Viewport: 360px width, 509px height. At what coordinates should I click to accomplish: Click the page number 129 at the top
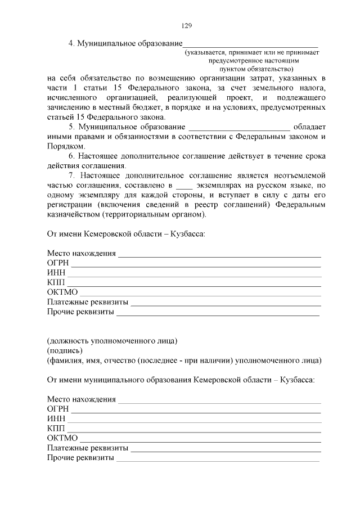(187, 25)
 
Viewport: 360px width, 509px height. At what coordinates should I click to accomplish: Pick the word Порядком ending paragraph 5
(65, 146)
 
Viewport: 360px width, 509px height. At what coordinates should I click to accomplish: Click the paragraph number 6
(71, 156)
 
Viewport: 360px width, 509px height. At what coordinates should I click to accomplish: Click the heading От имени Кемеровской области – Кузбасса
(125, 233)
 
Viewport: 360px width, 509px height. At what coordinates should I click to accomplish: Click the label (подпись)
(64, 350)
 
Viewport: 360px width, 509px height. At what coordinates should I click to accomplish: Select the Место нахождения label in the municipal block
(82, 399)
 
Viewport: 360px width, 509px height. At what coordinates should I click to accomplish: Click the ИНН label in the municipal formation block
(56, 419)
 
